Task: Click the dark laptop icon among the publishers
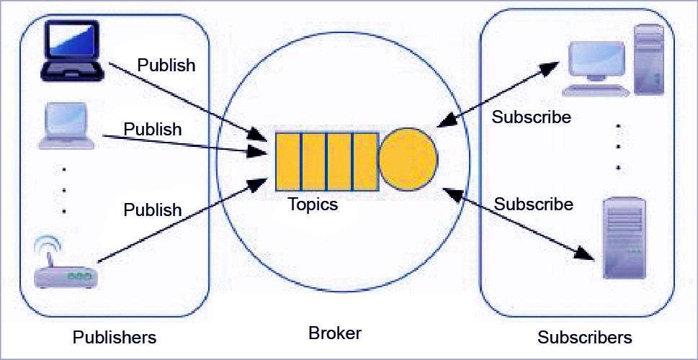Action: pyautogui.click(x=70, y=50)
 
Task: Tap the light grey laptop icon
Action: pyautogui.click(x=66, y=126)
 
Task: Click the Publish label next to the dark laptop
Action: pyautogui.click(x=166, y=65)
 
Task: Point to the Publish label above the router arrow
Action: pyautogui.click(x=153, y=210)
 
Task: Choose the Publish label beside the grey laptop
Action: pyautogui.click(x=153, y=129)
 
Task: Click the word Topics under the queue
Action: pyautogui.click(x=313, y=204)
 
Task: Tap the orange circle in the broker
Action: pyautogui.click(x=408, y=159)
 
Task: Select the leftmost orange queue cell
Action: pyautogui.click(x=288, y=161)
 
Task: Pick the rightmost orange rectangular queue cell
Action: pyautogui.click(x=366, y=161)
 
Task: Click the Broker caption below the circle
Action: pyautogui.click(x=334, y=333)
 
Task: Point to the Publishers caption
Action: pyautogui.click(x=115, y=337)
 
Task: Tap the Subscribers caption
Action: pyautogui.click(x=584, y=337)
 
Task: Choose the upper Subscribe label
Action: pyautogui.click(x=531, y=117)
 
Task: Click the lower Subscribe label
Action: pyautogui.click(x=533, y=204)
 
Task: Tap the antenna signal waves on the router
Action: pyautogui.click(x=48, y=245)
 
